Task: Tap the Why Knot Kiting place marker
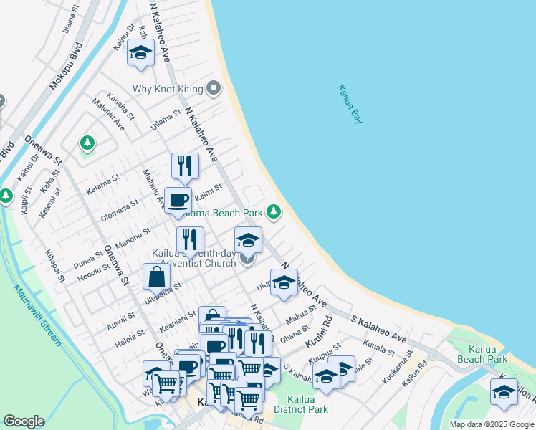(x=213, y=90)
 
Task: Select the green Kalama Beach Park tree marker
(x=273, y=211)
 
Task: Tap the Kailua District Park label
(x=307, y=403)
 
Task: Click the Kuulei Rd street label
(x=320, y=332)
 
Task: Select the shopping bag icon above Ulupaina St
(x=155, y=277)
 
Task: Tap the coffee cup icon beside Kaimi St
(x=178, y=200)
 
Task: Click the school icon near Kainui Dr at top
(x=140, y=52)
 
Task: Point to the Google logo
(x=24, y=421)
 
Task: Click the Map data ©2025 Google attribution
(x=492, y=424)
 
